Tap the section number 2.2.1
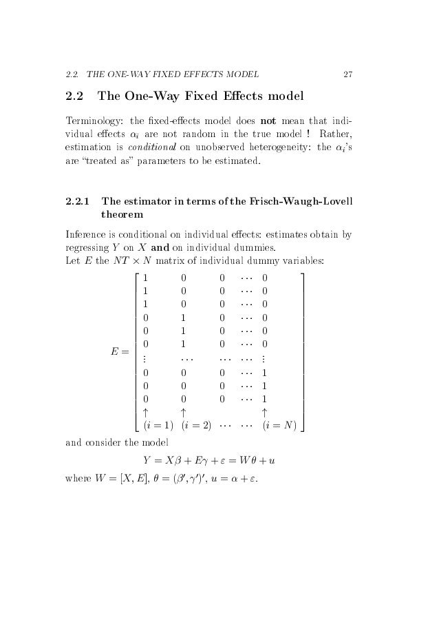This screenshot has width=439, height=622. point(76,202)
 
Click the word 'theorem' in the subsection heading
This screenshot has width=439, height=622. point(120,216)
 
